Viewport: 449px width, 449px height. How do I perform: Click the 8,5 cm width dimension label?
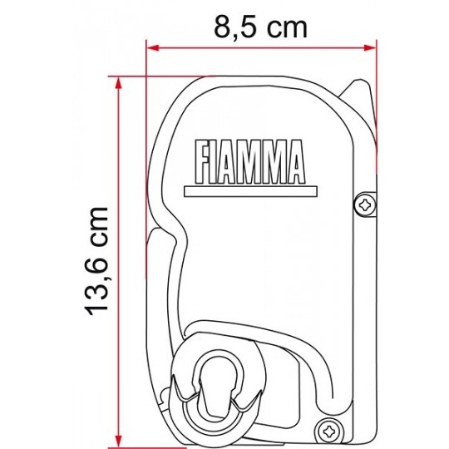pyautogui.click(x=260, y=27)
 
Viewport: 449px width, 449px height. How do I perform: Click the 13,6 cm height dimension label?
pyautogui.click(x=97, y=261)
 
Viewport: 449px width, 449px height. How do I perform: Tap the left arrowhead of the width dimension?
pyautogui.click(x=153, y=48)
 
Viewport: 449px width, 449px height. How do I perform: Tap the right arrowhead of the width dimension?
pyautogui.click(x=370, y=48)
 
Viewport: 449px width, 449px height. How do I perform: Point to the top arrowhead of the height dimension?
pyautogui.click(x=118, y=83)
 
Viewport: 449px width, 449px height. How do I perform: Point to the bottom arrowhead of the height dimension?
pyautogui.click(x=118, y=441)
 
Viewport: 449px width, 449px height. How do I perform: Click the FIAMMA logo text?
pyautogui.click(x=249, y=162)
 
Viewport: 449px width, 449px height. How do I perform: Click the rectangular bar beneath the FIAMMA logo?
pyautogui.click(x=250, y=191)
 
